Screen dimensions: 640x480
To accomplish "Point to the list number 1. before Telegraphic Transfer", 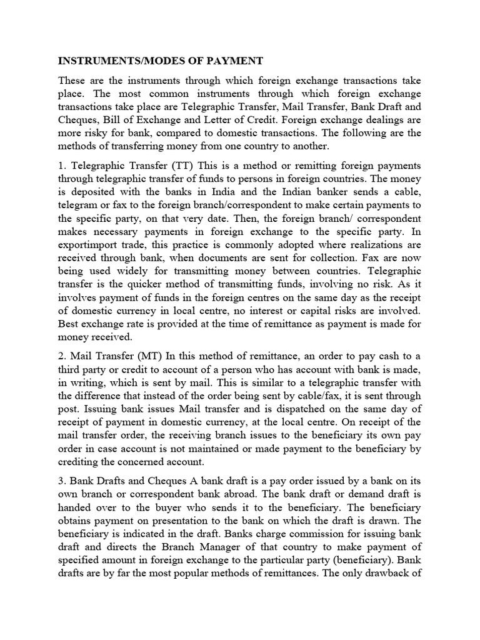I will [62, 165].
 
